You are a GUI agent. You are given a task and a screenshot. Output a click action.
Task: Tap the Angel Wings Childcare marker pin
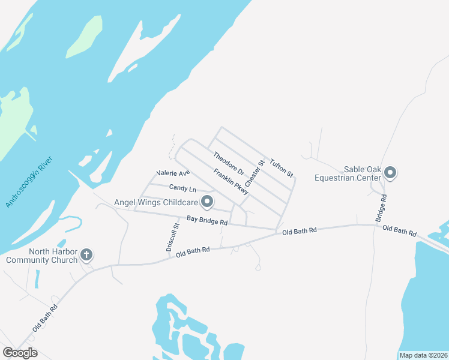coord(207,202)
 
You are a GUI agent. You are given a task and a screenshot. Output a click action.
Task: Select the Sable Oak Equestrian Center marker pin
coord(390,173)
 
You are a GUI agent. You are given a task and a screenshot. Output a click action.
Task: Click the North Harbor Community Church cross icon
coord(86,256)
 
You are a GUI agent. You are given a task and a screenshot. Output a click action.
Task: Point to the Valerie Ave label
coord(173,173)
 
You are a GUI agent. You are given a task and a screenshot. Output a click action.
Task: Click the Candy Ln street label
coord(182,188)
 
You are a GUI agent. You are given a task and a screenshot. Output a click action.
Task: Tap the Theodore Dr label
coord(229,163)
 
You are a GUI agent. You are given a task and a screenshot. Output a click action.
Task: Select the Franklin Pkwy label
coord(231,181)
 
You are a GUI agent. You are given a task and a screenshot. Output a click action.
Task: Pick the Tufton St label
coord(281,168)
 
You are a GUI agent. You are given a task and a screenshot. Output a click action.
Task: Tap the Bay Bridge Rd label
coord(206,221)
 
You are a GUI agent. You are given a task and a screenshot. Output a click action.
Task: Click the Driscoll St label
coord(173,237)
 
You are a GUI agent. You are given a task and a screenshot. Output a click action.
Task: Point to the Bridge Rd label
coord(381,208)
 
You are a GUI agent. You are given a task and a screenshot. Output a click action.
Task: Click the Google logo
coord(20,352)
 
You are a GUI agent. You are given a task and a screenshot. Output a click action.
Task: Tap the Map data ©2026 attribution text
coord(423,355)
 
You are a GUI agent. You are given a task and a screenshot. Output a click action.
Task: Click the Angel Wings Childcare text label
coord(157,202)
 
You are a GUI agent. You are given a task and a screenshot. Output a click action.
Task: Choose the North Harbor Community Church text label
coord(42,256)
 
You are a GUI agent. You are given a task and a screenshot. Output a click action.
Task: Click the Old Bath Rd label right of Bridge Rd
coord(399,230)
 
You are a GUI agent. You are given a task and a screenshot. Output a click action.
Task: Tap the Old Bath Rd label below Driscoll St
coord(193,252)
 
